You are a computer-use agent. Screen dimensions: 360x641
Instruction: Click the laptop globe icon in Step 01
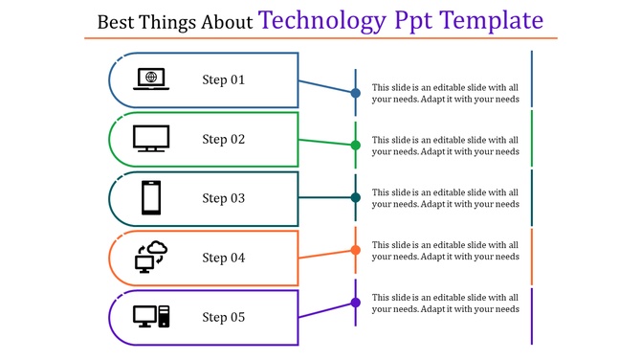(x=152, y=79)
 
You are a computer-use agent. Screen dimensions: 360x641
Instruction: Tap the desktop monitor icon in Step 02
(x=151, y=139)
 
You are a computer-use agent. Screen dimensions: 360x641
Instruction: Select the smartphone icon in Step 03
(x=151, y=198)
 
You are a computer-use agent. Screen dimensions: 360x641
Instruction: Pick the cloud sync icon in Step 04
(x=151, y=257)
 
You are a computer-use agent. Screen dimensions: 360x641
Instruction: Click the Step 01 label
(x=224, y=80)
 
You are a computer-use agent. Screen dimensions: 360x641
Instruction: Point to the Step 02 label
(x=224, y=140)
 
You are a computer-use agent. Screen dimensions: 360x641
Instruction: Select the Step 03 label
(x=224, y=199)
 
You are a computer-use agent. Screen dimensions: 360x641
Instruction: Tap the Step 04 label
(x=224, y=259)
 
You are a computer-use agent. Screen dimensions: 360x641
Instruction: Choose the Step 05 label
(x=224, y=318)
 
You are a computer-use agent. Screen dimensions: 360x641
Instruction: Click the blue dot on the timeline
(x=355, y=93)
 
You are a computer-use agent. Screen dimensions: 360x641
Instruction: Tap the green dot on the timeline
(x=355, y=146)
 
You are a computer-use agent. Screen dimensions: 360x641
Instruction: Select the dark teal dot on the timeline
(x=355, y=197)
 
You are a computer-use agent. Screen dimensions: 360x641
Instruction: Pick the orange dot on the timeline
(x=355, y=250)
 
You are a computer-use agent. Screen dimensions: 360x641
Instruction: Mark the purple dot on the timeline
(x=355, y=303)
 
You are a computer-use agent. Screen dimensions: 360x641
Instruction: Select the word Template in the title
(x=487, y=20)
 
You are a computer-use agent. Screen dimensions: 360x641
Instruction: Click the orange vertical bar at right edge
(x=532, y=256)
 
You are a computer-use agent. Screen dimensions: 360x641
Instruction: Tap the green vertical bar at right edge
(x=532, y=138)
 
